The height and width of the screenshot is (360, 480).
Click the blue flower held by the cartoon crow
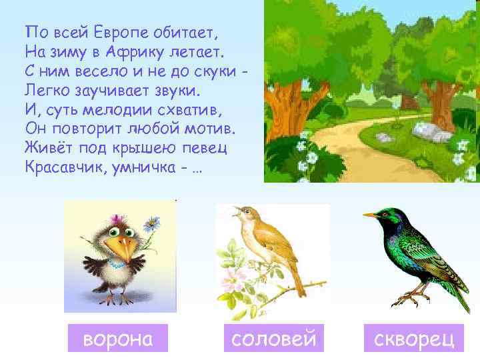153,222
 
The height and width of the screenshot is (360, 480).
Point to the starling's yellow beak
371,215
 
